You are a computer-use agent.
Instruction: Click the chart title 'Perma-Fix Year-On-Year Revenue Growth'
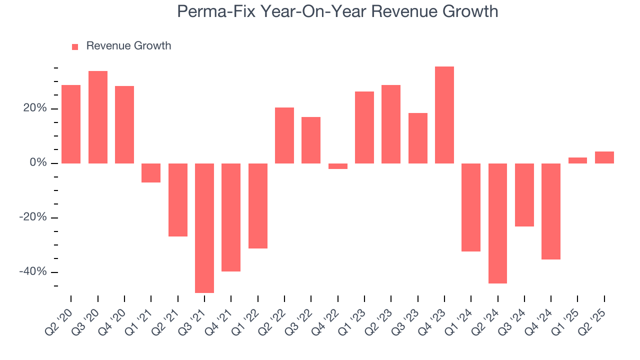(x=337, y=11)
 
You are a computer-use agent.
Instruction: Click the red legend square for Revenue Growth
(x=75, y=46)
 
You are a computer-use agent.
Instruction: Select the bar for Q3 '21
(x=204, y=228)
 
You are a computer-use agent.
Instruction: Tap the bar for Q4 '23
(x=444, y=115)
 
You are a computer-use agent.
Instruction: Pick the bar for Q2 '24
(x=497, y=223)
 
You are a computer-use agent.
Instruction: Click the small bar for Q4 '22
(x=338, y=166)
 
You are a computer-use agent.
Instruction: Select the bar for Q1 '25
(x=577, y=160)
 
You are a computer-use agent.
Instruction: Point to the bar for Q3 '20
(x=98, y=117)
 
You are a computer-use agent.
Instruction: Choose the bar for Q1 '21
(x=151, y=173)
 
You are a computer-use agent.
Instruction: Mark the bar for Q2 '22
(x=284, y=135)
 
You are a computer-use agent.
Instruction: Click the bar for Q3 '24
(x=524, y=195)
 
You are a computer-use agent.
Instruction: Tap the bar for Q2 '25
(x=604, y=157)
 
